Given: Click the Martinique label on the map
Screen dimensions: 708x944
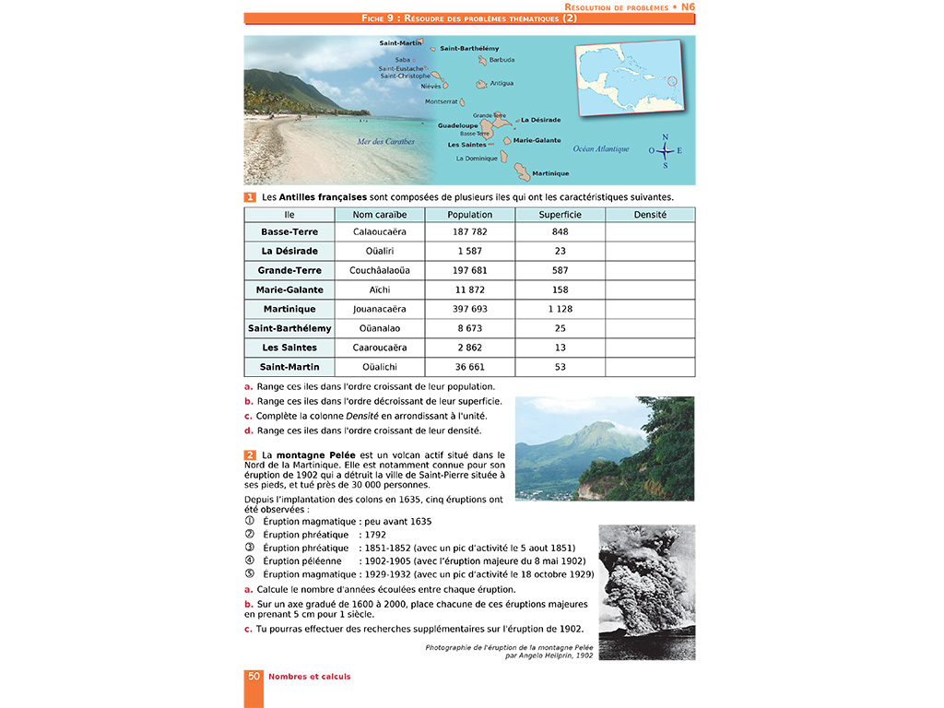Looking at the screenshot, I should click(550, 173).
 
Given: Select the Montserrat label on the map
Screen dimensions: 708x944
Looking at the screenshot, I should click(441, 101).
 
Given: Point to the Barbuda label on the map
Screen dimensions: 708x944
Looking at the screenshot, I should click(501, 60).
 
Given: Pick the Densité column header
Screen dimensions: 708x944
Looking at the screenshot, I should click(650, 215).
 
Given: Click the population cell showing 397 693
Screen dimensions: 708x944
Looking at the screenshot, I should click(470, 309).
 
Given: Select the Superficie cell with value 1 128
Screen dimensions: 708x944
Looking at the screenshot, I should click(560, 309).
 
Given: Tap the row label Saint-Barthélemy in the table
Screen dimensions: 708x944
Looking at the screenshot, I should click(289, 328).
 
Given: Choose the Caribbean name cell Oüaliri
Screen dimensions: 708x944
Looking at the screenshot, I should click(380, 251).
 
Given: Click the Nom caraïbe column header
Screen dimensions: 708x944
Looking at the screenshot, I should click(380, 215).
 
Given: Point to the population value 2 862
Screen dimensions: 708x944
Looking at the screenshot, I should click(470, 348).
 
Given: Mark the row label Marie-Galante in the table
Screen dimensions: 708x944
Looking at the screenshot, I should click(289, 289).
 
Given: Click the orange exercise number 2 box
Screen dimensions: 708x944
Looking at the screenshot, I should click(250, 455).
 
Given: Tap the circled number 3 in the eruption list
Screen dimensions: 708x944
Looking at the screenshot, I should click(249, 547).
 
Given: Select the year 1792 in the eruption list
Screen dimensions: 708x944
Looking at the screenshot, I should click(376, 534).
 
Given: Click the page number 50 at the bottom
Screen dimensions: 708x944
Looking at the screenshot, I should click(254, 677).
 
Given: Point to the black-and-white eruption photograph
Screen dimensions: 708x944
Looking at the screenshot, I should click(646, 592).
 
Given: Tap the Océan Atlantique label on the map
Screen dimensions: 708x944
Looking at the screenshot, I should click(601, 148).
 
